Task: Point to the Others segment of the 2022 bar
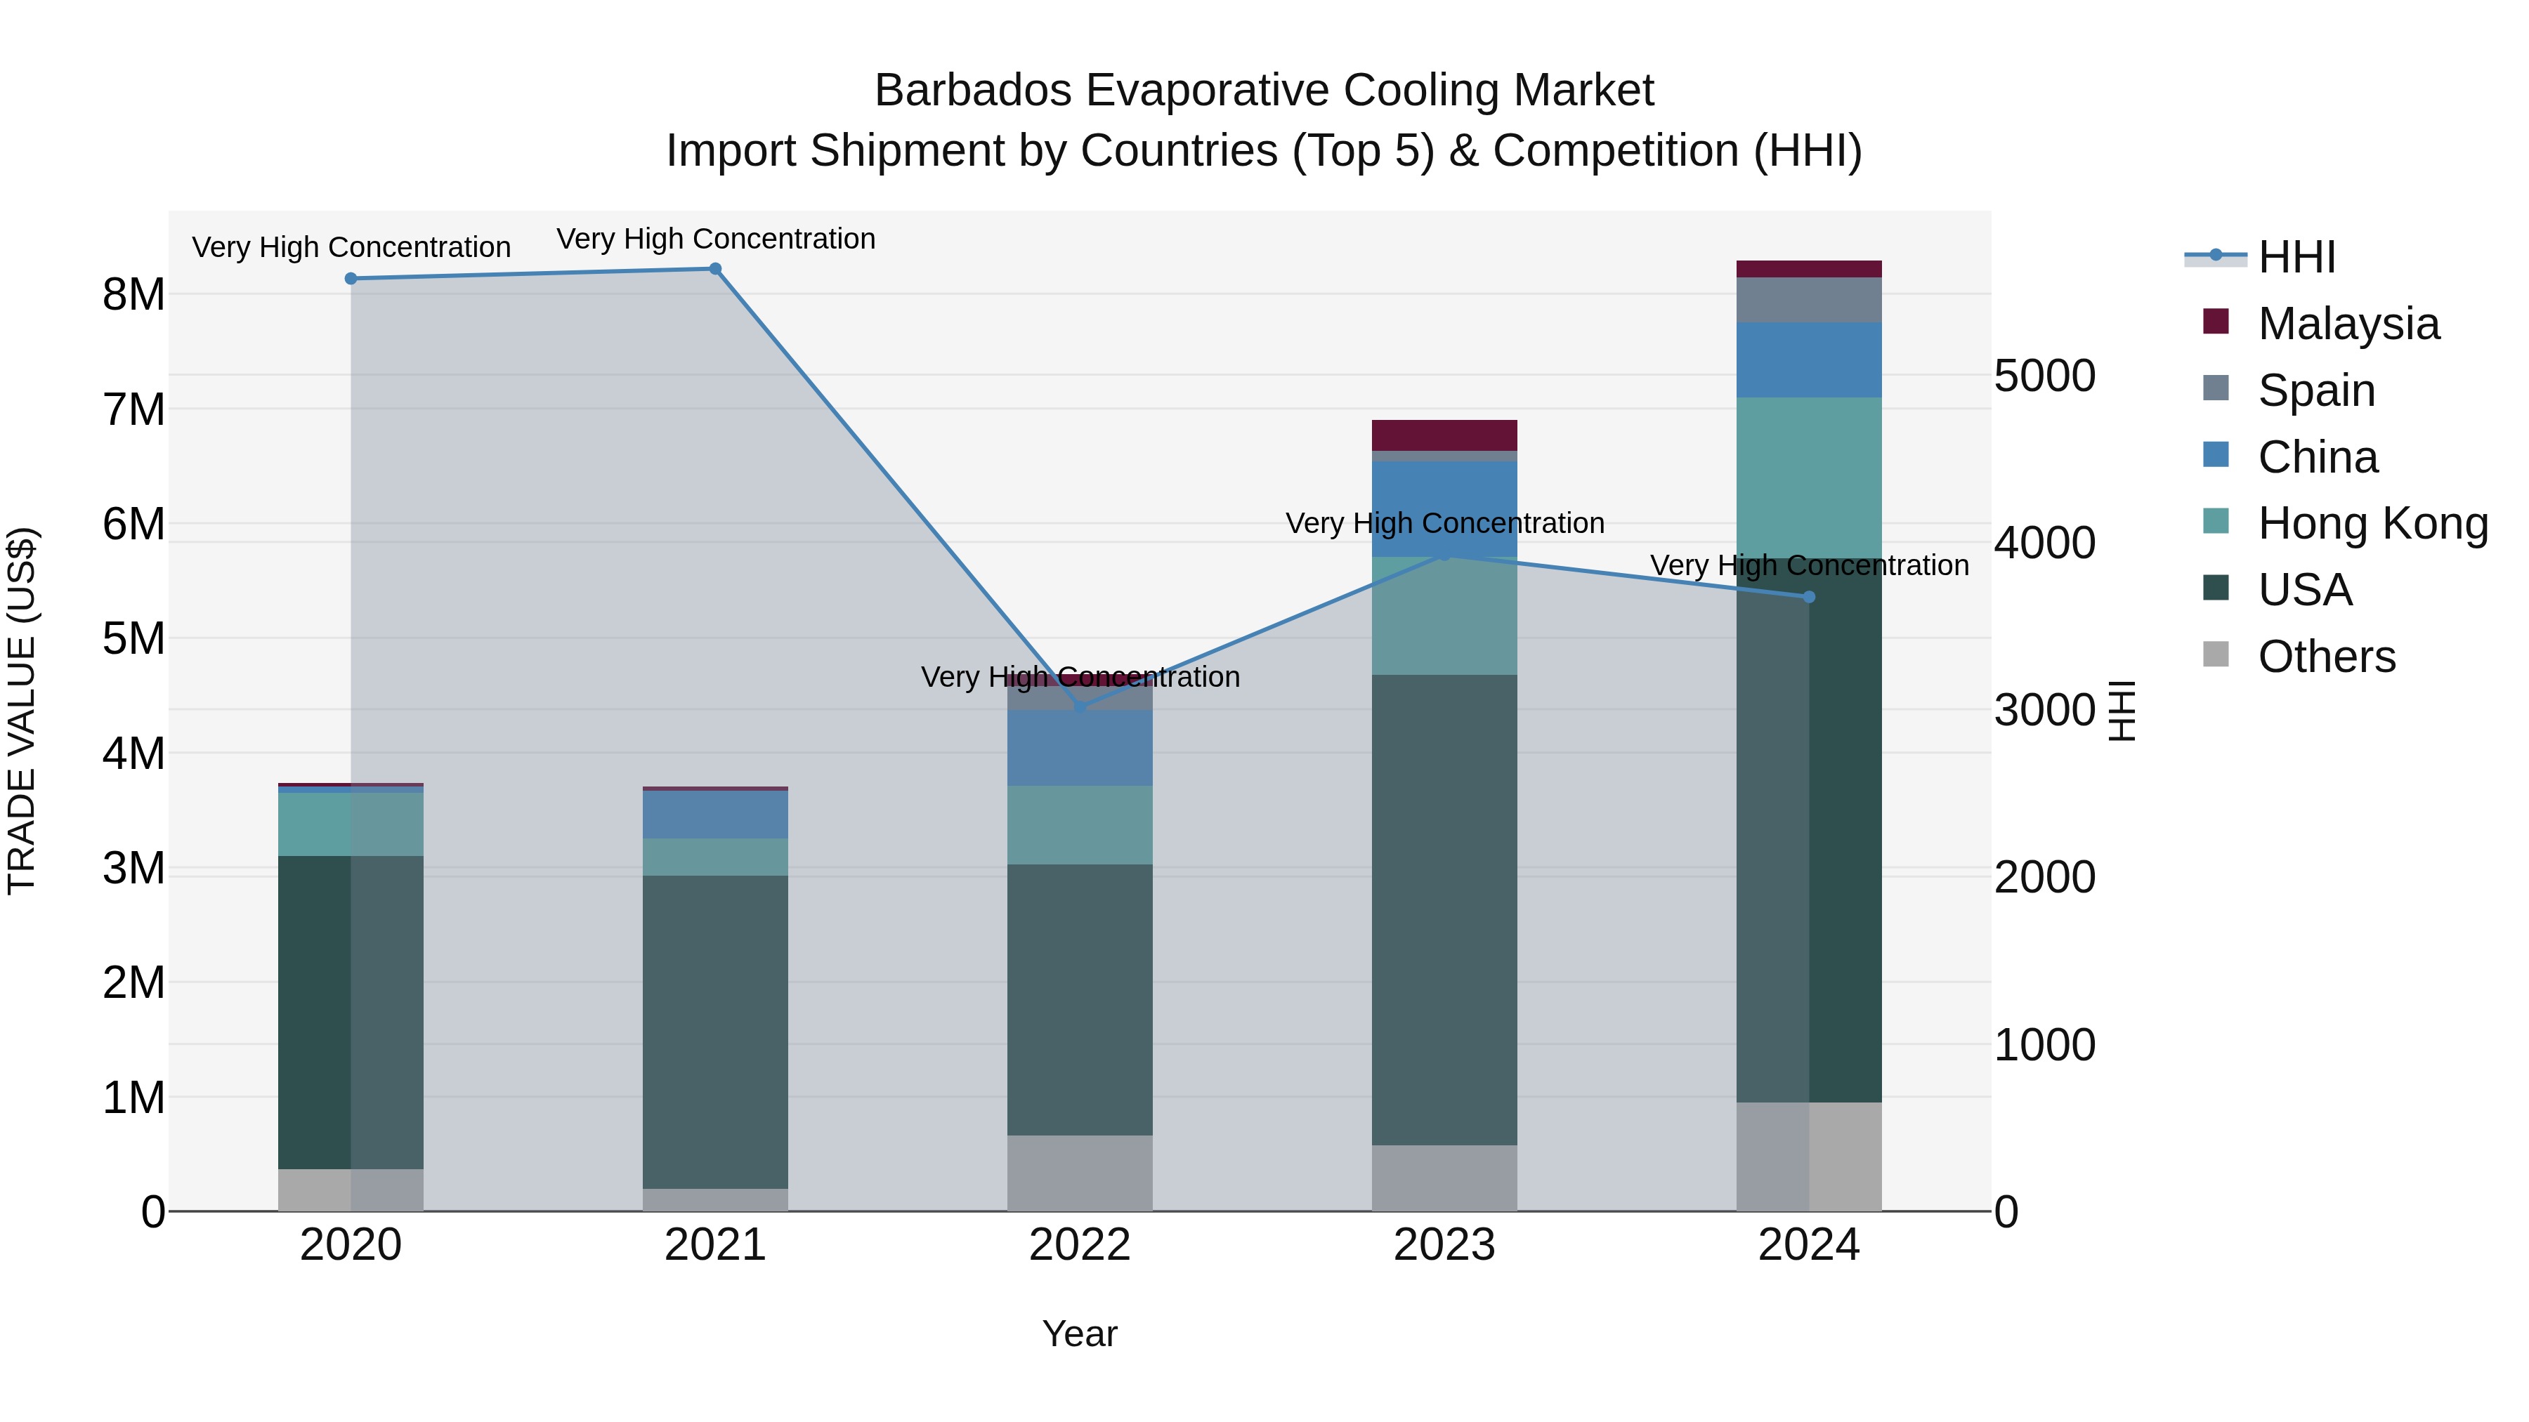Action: click(x=1079, y=1173)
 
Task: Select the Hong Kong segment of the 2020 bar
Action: click(x=351, y=824)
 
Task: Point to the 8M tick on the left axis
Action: click(x=133, y=294)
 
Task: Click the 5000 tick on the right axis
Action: click(x=2044, y=376)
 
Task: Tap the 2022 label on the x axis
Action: click(x=1079, y=1245)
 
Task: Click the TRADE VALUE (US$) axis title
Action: click(x=22, y=711)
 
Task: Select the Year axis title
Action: click(x=1079, y=1334)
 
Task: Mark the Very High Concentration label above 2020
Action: click(x=351, y=247)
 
